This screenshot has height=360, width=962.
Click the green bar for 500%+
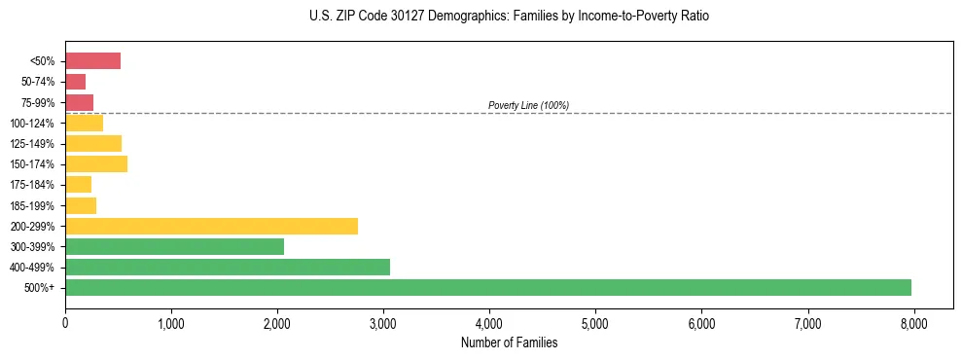487,287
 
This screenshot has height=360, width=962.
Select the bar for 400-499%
228,267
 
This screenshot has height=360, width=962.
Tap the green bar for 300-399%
174,246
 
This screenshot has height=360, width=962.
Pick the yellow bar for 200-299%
211,226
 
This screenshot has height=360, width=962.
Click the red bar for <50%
92,61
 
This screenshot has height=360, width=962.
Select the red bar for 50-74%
76,82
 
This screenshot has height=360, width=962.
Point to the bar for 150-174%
96,163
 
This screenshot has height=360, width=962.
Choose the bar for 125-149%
93,143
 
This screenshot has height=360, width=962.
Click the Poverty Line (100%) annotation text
528,105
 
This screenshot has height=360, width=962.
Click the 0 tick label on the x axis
65,322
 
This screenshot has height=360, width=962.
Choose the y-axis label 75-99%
38,102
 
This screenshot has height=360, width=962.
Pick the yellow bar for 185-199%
81,205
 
